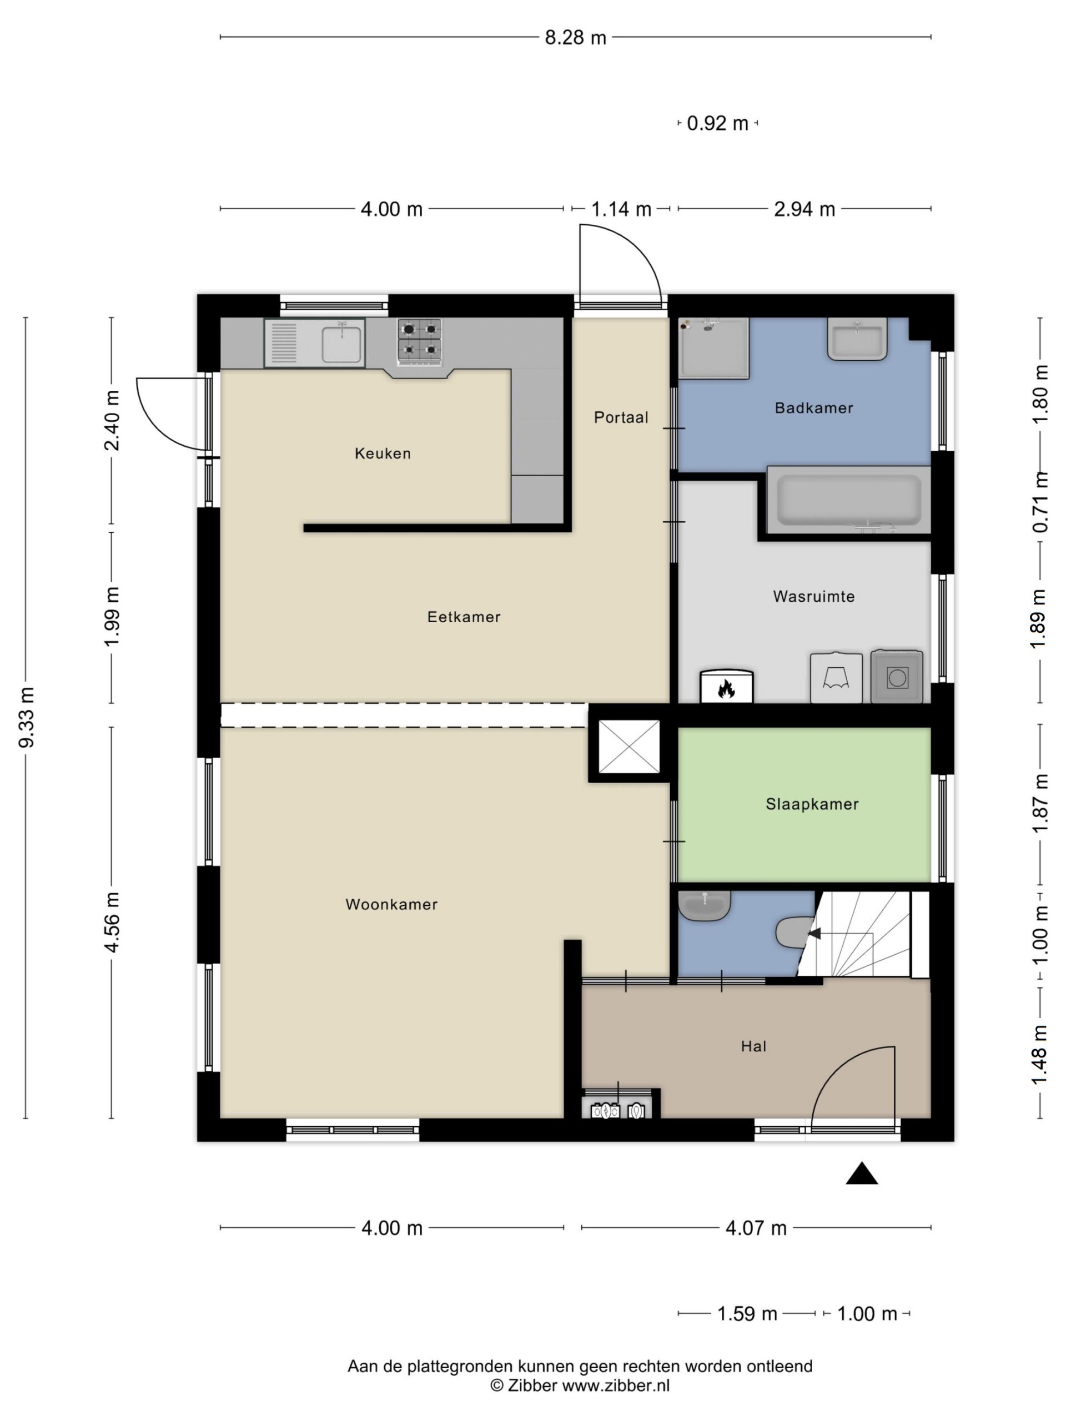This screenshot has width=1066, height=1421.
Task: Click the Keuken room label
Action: click(383, 453)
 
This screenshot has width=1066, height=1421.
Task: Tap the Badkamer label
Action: click(813, 408)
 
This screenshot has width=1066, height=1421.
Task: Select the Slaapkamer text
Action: click(812, 804)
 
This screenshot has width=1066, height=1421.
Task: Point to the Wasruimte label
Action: click(813, 596)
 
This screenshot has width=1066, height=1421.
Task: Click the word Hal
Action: click(753, 1046)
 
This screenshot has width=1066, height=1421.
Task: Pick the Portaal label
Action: click(621, 417)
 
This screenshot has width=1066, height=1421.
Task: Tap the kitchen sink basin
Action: click(341, 344)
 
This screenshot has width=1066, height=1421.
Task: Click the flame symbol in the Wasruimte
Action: click(726, 690)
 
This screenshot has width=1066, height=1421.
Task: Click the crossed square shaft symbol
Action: click(628, 747)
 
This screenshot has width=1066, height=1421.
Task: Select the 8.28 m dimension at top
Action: click(575, 38)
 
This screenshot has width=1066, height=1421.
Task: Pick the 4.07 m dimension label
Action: click(756, 1228)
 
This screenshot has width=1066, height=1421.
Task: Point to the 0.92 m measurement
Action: click(717, 123)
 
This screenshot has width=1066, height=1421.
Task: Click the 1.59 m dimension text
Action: click(747, 1314)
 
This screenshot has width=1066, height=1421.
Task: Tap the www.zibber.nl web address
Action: click(616, 1385)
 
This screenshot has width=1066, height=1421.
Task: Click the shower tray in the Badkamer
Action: click(714, 348)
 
